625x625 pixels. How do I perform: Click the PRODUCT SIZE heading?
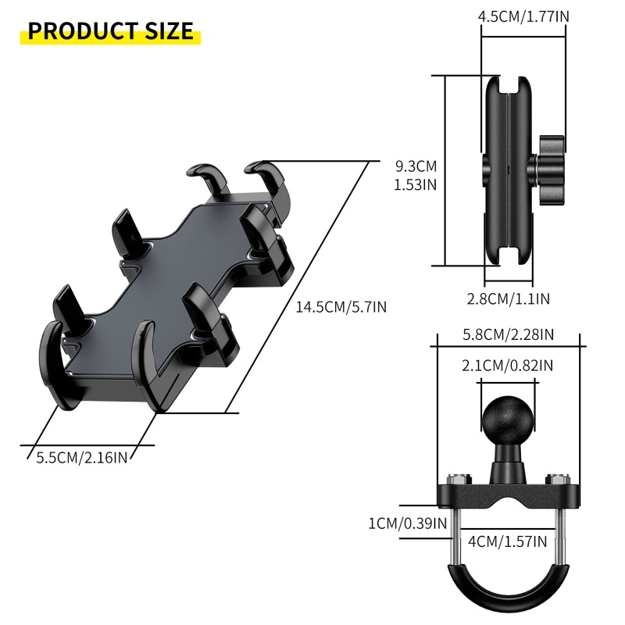coord(110,30)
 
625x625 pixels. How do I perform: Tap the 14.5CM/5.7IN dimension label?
coord(341,307)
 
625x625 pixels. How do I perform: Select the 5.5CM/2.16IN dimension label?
coord(82,457)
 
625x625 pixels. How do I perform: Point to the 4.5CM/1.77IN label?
coord(523,16)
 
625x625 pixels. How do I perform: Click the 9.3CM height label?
coord(416,166)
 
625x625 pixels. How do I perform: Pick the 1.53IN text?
coord(416,184)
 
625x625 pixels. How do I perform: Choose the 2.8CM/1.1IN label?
coord(509,298)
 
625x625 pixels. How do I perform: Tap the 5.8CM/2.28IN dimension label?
coord(509,334)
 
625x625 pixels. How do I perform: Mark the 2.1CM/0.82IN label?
coord(507,366)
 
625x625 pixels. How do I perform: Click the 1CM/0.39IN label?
coord(407,523)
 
